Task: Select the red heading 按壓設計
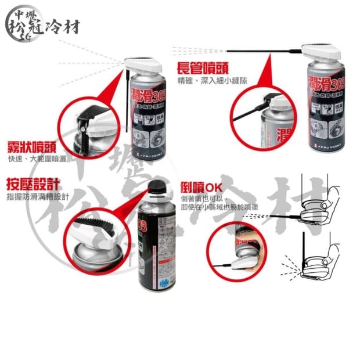click(x=33, y=186)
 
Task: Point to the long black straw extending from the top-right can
click(x=261, y=50)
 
